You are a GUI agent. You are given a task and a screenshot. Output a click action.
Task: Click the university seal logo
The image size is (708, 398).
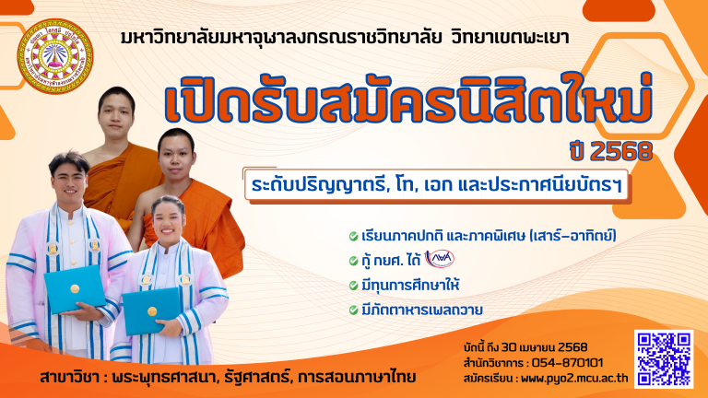(x=55, y=56)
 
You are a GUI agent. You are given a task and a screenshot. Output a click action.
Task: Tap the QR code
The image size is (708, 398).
(x=664, y=358)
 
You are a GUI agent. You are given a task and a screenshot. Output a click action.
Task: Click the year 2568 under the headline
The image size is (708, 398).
(x=621, y=152)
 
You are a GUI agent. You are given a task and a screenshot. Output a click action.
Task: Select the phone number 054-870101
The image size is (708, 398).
(x=567, y=363)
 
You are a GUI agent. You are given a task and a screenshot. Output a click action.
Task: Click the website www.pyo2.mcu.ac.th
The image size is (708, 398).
(x=574, y=378)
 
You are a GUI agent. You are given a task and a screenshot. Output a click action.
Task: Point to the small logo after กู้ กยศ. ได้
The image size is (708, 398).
(x=440, y=260)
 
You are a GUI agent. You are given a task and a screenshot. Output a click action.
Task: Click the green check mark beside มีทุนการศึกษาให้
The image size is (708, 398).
(x=354, y=286)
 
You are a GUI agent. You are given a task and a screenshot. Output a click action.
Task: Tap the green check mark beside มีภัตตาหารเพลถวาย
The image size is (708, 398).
(x=354, y=310)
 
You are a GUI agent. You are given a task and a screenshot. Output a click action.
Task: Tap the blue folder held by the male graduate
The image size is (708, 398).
(x=75, y=288)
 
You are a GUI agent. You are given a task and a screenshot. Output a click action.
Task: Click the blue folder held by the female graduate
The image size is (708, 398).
(x=152, y=310)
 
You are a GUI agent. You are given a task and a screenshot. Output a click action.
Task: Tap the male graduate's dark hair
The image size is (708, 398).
(x=69, y=161)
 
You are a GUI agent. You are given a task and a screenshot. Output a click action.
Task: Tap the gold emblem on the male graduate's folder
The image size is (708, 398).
(x=75, y=288)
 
